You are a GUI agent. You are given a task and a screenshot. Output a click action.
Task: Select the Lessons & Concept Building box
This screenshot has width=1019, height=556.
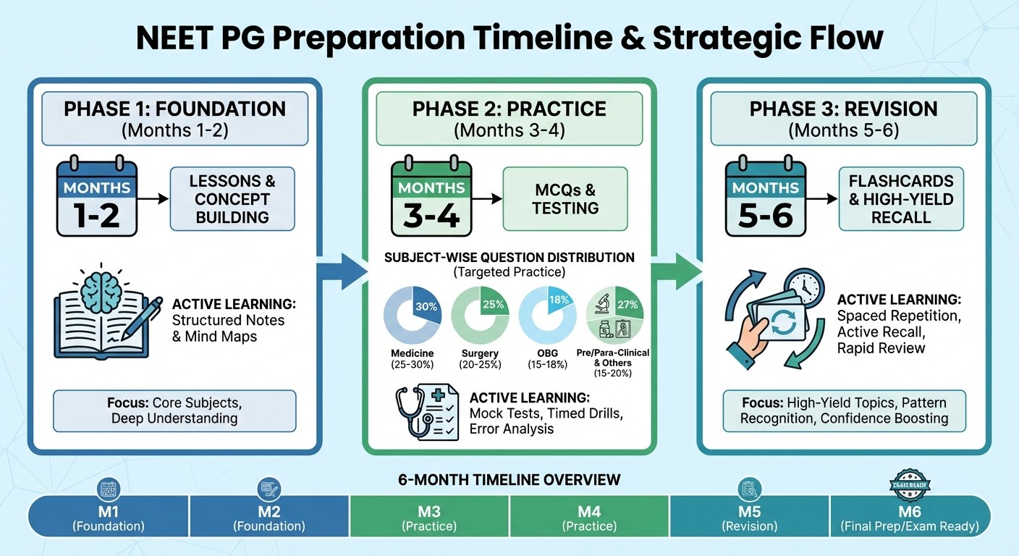pos(232,198)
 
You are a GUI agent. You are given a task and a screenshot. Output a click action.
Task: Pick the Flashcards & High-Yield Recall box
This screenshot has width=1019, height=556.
pos(901,198)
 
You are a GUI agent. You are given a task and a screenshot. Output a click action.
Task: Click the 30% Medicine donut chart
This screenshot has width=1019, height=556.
pos(413,314)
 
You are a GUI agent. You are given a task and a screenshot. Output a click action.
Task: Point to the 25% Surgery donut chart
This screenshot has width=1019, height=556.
pos(481,314)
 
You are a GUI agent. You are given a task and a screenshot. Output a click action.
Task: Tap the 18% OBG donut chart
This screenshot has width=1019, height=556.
pos(548,314)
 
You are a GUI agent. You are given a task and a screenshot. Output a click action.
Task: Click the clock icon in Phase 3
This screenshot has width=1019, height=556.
pos(803,287)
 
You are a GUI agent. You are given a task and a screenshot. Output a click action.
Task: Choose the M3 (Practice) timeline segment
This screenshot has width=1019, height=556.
pos(429,515)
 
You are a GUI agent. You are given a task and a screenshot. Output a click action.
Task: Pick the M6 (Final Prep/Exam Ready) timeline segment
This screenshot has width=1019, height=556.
pos(910,515)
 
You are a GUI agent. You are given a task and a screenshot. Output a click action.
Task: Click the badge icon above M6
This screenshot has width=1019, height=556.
pos(910,486)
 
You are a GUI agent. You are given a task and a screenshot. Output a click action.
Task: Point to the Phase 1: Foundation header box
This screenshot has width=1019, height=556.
pos(174,119)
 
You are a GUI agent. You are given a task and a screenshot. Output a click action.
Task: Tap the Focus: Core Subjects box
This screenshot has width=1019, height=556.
pos(174,410)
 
